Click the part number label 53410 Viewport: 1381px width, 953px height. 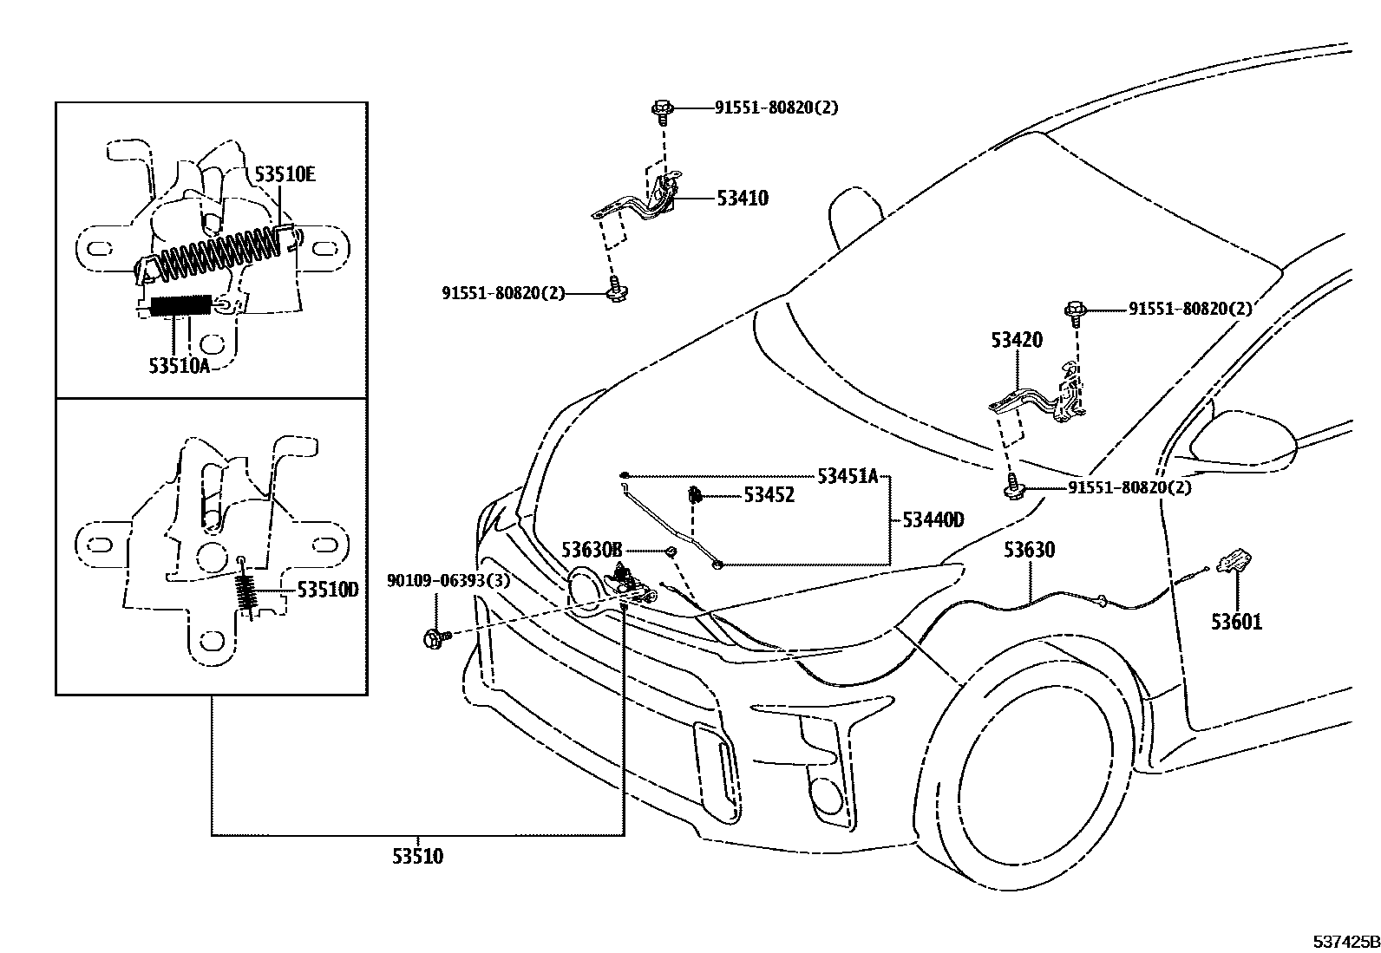(x=743, y=199)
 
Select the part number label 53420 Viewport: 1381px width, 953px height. (x=1017, y=340)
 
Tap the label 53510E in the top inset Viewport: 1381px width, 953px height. (x=285, y=174)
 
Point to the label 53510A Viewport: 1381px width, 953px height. (x=179, y=366)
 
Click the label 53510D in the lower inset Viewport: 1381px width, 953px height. (x=327, y=591)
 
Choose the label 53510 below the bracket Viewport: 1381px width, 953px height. (x=417, y=857)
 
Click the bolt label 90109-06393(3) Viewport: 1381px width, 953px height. (x=448, y=581)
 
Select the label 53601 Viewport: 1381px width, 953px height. (x=1236, y=622)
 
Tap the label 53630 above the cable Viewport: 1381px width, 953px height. (x=1030, y=550)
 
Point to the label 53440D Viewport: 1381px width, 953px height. (x=933, y=520)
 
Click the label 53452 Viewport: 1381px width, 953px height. (x=769, y=495)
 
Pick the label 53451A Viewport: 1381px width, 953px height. (x=848, y=476)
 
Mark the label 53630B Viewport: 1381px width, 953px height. (x=592, y=550)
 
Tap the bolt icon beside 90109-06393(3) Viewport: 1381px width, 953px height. (x=435, y=638)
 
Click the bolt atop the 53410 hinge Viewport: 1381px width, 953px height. (x=662, y=109)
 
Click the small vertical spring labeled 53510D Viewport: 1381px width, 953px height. (x=247, y=594)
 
